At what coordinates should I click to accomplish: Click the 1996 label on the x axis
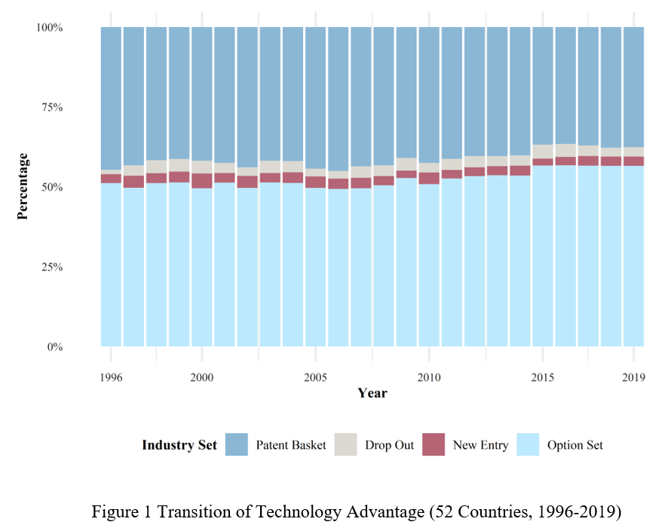111,376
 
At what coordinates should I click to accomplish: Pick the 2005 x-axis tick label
315,376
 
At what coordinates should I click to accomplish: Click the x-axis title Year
372,393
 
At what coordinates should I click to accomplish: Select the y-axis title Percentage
23,186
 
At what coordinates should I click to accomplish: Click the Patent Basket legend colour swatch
237,445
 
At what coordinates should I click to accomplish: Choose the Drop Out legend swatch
346,445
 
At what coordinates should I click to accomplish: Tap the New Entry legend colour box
434,445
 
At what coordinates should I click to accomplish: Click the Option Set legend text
575,445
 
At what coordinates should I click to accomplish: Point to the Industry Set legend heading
179,445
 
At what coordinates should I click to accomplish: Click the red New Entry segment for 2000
201,180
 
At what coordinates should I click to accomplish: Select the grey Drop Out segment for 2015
543,151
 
